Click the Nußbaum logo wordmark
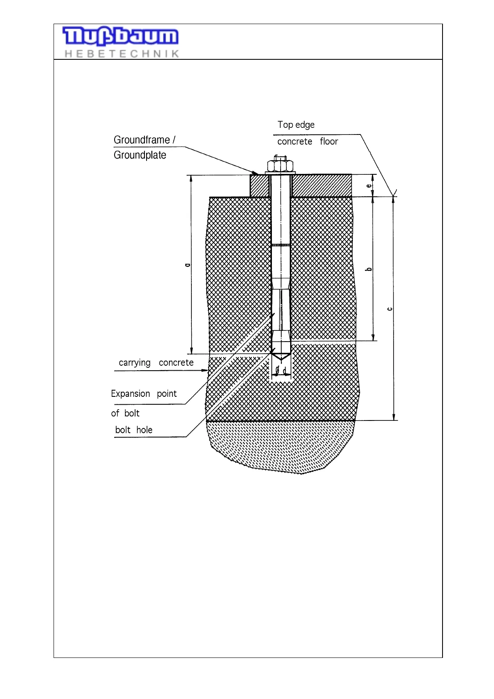coord(120,37)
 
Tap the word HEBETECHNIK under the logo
coord(122,54)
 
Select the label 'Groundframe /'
coord(144,140)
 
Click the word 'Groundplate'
coord(140,155)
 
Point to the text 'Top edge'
coord(296,125)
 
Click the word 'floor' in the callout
coord(329,142)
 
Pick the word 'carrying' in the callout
coord(135,363)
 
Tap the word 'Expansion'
coord(130,393)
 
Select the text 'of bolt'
coord(125,413)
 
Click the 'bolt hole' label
coord(134,430)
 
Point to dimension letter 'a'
coord(188,264)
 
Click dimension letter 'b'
coord(369,269)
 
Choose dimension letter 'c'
coord(389,309)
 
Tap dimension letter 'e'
coord(369,186)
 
